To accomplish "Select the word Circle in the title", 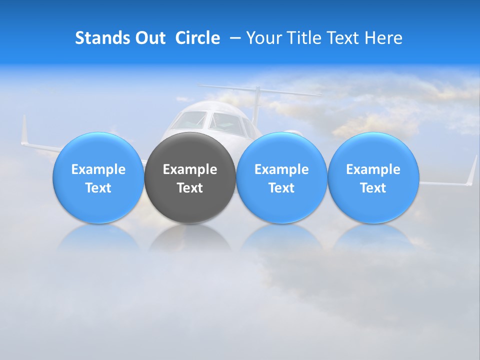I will point(197,38).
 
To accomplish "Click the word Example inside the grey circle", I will point(190,169).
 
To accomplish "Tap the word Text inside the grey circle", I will point(190,188).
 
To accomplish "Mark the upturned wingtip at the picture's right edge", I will point(472,170).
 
